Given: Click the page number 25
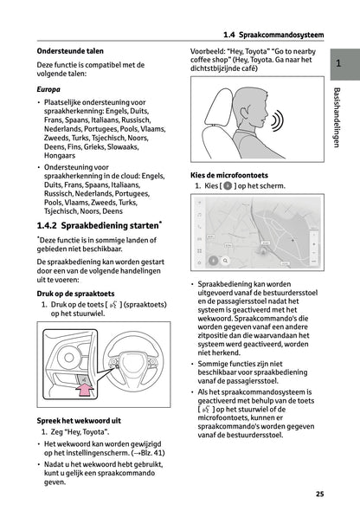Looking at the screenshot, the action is pyautogui.click(x=319, y=494).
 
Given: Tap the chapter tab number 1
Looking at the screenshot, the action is pyautogui.click(x=338, y=63).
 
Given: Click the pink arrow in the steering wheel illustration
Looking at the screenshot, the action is pyautogui.click(x=85, y=390).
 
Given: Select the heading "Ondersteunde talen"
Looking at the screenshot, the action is pyautogui.click(x=70, y=51).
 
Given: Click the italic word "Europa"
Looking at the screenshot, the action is pyautogui.click(x=48, y=89).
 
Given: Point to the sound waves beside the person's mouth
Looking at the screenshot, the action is pyautogui.click(x=277, y=120).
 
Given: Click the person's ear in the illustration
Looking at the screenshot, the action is pyautogui.click(x=244, y=113).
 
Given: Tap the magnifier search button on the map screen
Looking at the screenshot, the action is pyautogui.click(x=225, y=261).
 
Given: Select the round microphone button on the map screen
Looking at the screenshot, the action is pyautogui.click(x=213, y=261).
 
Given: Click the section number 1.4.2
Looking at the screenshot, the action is pyautogui.click(x=47, y=225).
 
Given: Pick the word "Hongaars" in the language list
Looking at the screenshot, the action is pyautogui.click(x=60, y=156).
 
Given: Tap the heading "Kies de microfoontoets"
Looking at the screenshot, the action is pyautogui.click(x=229, y=175).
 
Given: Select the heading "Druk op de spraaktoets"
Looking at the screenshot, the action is pyautogui.click(x=75, y=294).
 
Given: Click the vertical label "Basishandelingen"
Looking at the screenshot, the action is pyautogui.click(x=337, y=117).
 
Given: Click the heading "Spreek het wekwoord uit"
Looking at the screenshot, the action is pyautogui.click(x=79, y=421).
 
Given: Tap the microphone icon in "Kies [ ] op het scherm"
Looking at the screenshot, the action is pyautogui.click(x=228, y=186).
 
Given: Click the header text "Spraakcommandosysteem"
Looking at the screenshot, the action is pyautogui.click(x=281, y=35).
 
